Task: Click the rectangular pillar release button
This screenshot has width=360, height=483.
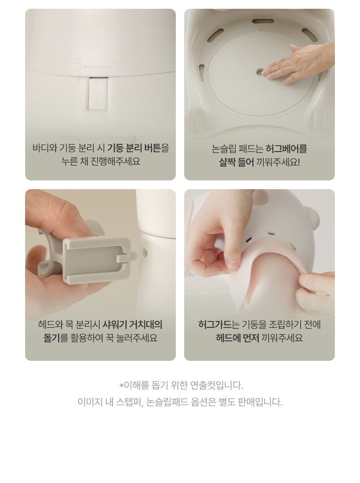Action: point(98,93)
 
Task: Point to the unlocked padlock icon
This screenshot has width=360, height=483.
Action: point(119,64)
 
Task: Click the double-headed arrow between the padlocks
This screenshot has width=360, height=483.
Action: point(97,67)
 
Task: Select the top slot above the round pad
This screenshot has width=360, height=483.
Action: point(263,22)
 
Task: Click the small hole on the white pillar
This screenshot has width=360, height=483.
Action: point(144,253)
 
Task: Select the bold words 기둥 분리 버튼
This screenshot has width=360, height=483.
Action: point(134,148)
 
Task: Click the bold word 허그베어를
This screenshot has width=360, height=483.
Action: point(286,149)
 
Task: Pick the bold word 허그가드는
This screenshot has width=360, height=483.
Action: point(219,325)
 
